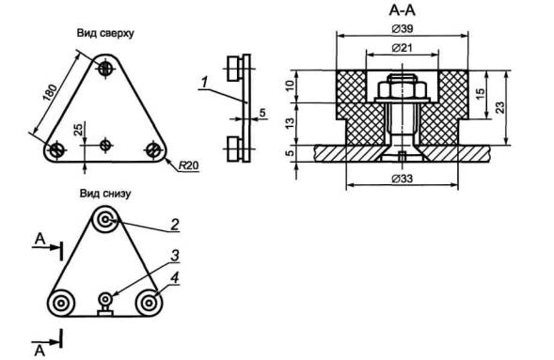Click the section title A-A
click(402, 10)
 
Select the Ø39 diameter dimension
click(402, 28)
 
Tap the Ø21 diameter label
click(402, 47)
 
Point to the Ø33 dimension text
click(402, 179)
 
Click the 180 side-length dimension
click(50, 92)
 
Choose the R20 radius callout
click(188, 165)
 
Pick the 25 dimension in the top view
click(78, 130)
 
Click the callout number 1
click(204, 83)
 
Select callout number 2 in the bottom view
click(175, 225)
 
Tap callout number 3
click(175, 256)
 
